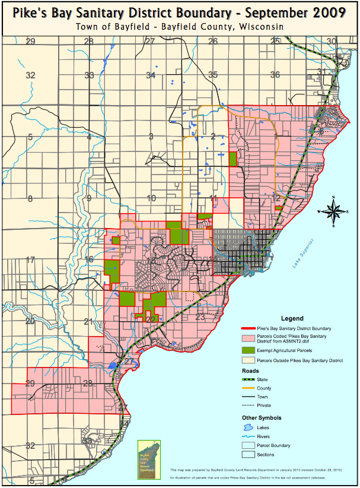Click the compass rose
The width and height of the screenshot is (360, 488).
coord(334,211)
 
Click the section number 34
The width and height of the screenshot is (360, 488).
coord(151,75)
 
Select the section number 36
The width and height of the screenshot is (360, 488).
coord(275,75)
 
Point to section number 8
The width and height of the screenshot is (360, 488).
coord(30,199)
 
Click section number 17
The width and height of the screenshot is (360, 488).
coord(31,260)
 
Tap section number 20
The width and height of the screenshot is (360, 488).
coord(30,321)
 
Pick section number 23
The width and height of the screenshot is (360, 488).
coord(200,318)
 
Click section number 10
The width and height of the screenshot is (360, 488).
coord(151,199)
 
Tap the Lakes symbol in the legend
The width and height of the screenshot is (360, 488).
coord(251,427)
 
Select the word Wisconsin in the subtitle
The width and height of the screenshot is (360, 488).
coord(261,27)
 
